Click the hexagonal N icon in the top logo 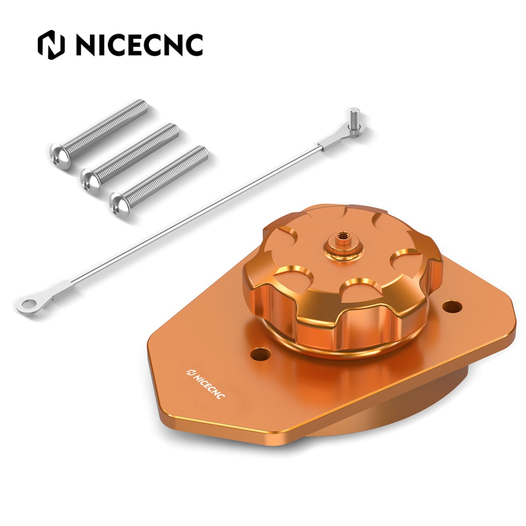coord(51,45)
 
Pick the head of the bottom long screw coord(120,205)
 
